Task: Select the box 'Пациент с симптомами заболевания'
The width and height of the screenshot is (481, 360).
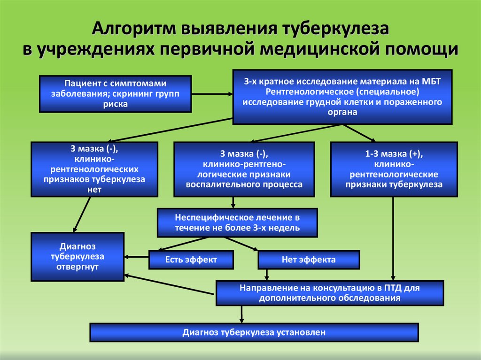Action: pos(115,93)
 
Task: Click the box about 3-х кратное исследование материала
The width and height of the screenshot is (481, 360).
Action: pos(342,97)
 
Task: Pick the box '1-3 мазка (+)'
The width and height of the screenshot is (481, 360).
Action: pos(394,169)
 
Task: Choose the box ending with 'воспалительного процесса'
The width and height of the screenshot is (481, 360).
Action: pos(244,169)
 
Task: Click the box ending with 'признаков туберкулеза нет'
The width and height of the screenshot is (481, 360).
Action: pos(94,169)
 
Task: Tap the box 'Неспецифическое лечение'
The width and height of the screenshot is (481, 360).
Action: pos(237,223)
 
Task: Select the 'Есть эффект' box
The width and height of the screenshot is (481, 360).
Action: pos(191,260)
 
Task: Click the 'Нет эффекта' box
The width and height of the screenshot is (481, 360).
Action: pos(308,260)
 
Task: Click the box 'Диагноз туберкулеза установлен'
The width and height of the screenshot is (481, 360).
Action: pos(254,332)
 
